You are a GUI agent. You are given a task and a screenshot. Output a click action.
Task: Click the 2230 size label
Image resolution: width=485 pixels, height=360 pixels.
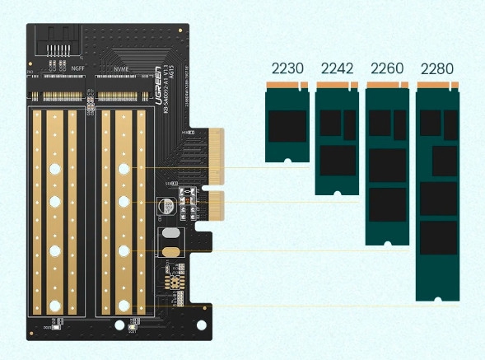[287, 68]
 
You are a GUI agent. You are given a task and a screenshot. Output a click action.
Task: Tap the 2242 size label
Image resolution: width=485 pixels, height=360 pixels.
[337, 68]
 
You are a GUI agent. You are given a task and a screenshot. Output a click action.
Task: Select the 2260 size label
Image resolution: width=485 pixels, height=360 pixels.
[387, 68]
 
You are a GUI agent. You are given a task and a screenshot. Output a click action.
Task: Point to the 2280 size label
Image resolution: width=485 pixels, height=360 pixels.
[436, 68]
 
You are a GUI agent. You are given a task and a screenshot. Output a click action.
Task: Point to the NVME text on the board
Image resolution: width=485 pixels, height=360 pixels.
[120, 69]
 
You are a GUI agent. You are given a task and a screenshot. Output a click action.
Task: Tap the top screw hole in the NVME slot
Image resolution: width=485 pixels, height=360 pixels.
[124, 171]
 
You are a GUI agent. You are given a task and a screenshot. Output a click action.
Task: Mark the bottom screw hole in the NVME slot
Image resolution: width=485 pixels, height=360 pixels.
[124, 306]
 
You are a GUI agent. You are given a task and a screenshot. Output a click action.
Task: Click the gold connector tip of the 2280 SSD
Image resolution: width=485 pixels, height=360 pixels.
[437, 84]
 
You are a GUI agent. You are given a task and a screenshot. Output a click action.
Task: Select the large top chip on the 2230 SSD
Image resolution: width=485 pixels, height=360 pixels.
[286, 125]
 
